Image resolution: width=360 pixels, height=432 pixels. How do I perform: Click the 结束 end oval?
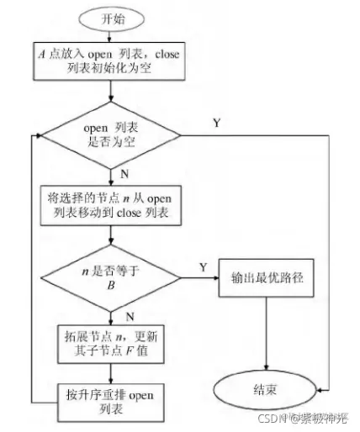(266, 391)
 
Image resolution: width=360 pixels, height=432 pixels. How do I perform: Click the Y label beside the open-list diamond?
(216, 124)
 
